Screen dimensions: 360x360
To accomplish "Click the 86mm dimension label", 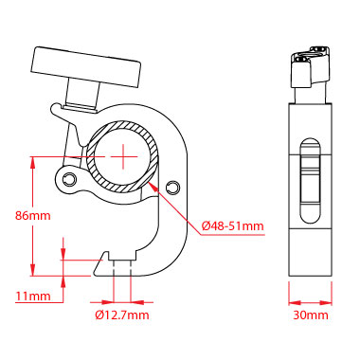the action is (x=33, y=215).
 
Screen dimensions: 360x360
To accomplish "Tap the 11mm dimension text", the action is (x=33, y=296).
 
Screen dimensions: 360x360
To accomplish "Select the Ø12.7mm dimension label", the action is (x=122, y=315).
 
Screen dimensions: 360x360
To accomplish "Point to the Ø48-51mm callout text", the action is (x=233, y=225).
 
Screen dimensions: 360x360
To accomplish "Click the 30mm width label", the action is (x=311, y=315).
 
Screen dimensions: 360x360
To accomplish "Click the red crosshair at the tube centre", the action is (x=123, y=156).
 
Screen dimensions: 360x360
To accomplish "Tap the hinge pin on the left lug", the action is (x=69, y=179).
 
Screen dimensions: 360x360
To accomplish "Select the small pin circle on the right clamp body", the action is (x=172, y=187).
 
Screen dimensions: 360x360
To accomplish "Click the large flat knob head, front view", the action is (x=86, y=67).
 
